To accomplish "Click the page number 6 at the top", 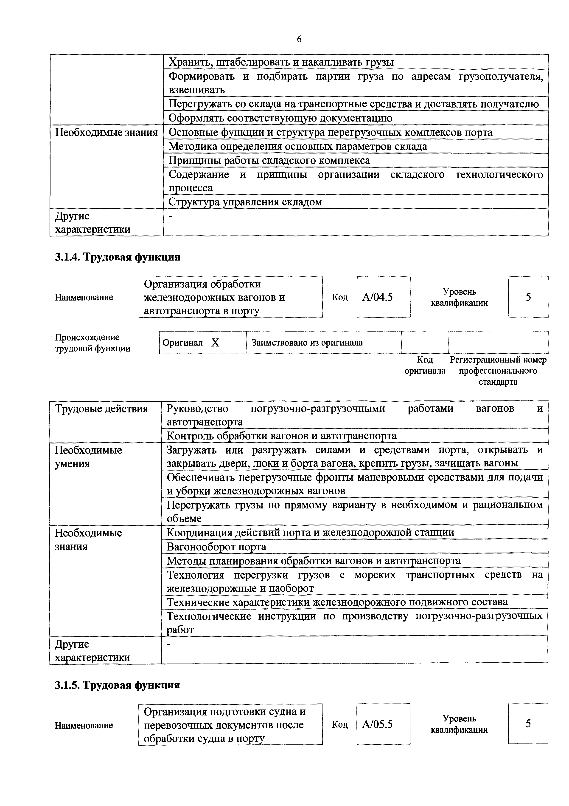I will [299, 39].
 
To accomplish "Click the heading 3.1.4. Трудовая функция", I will [118, 257].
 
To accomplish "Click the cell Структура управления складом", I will [245, 202].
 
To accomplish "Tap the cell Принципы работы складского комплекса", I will [269, 160].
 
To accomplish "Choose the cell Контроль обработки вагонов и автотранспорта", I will [282, 436].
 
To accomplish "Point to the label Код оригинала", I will [425, 365].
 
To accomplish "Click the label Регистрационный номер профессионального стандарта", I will [498, 371].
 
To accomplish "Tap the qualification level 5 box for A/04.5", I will [528, 297].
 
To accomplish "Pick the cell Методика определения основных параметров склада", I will [298, 146].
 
